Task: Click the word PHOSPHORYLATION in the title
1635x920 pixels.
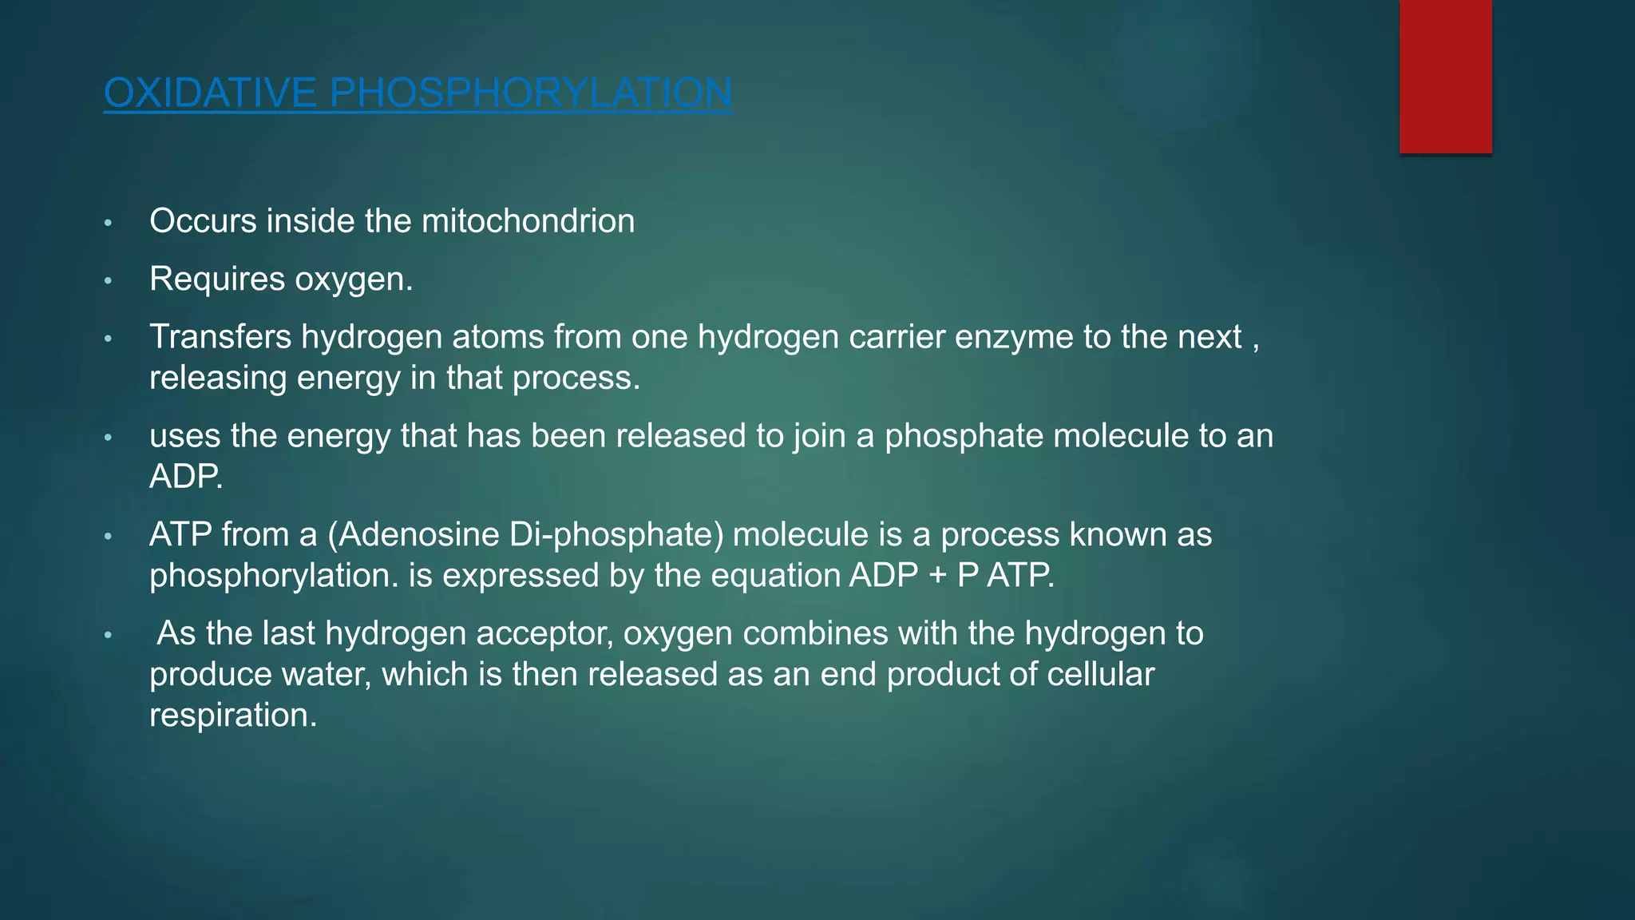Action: click(x=531, y=93)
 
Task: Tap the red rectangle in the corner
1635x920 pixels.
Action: click(x=1445, y=77)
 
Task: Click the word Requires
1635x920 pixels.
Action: click(x=217, y=280)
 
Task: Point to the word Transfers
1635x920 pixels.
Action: click(x=220, y=337)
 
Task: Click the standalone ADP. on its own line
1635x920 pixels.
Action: click(x=186, y=477)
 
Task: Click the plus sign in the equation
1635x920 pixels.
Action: click(x=937, y=576)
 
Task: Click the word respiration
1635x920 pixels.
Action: click(x=232, y=716)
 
